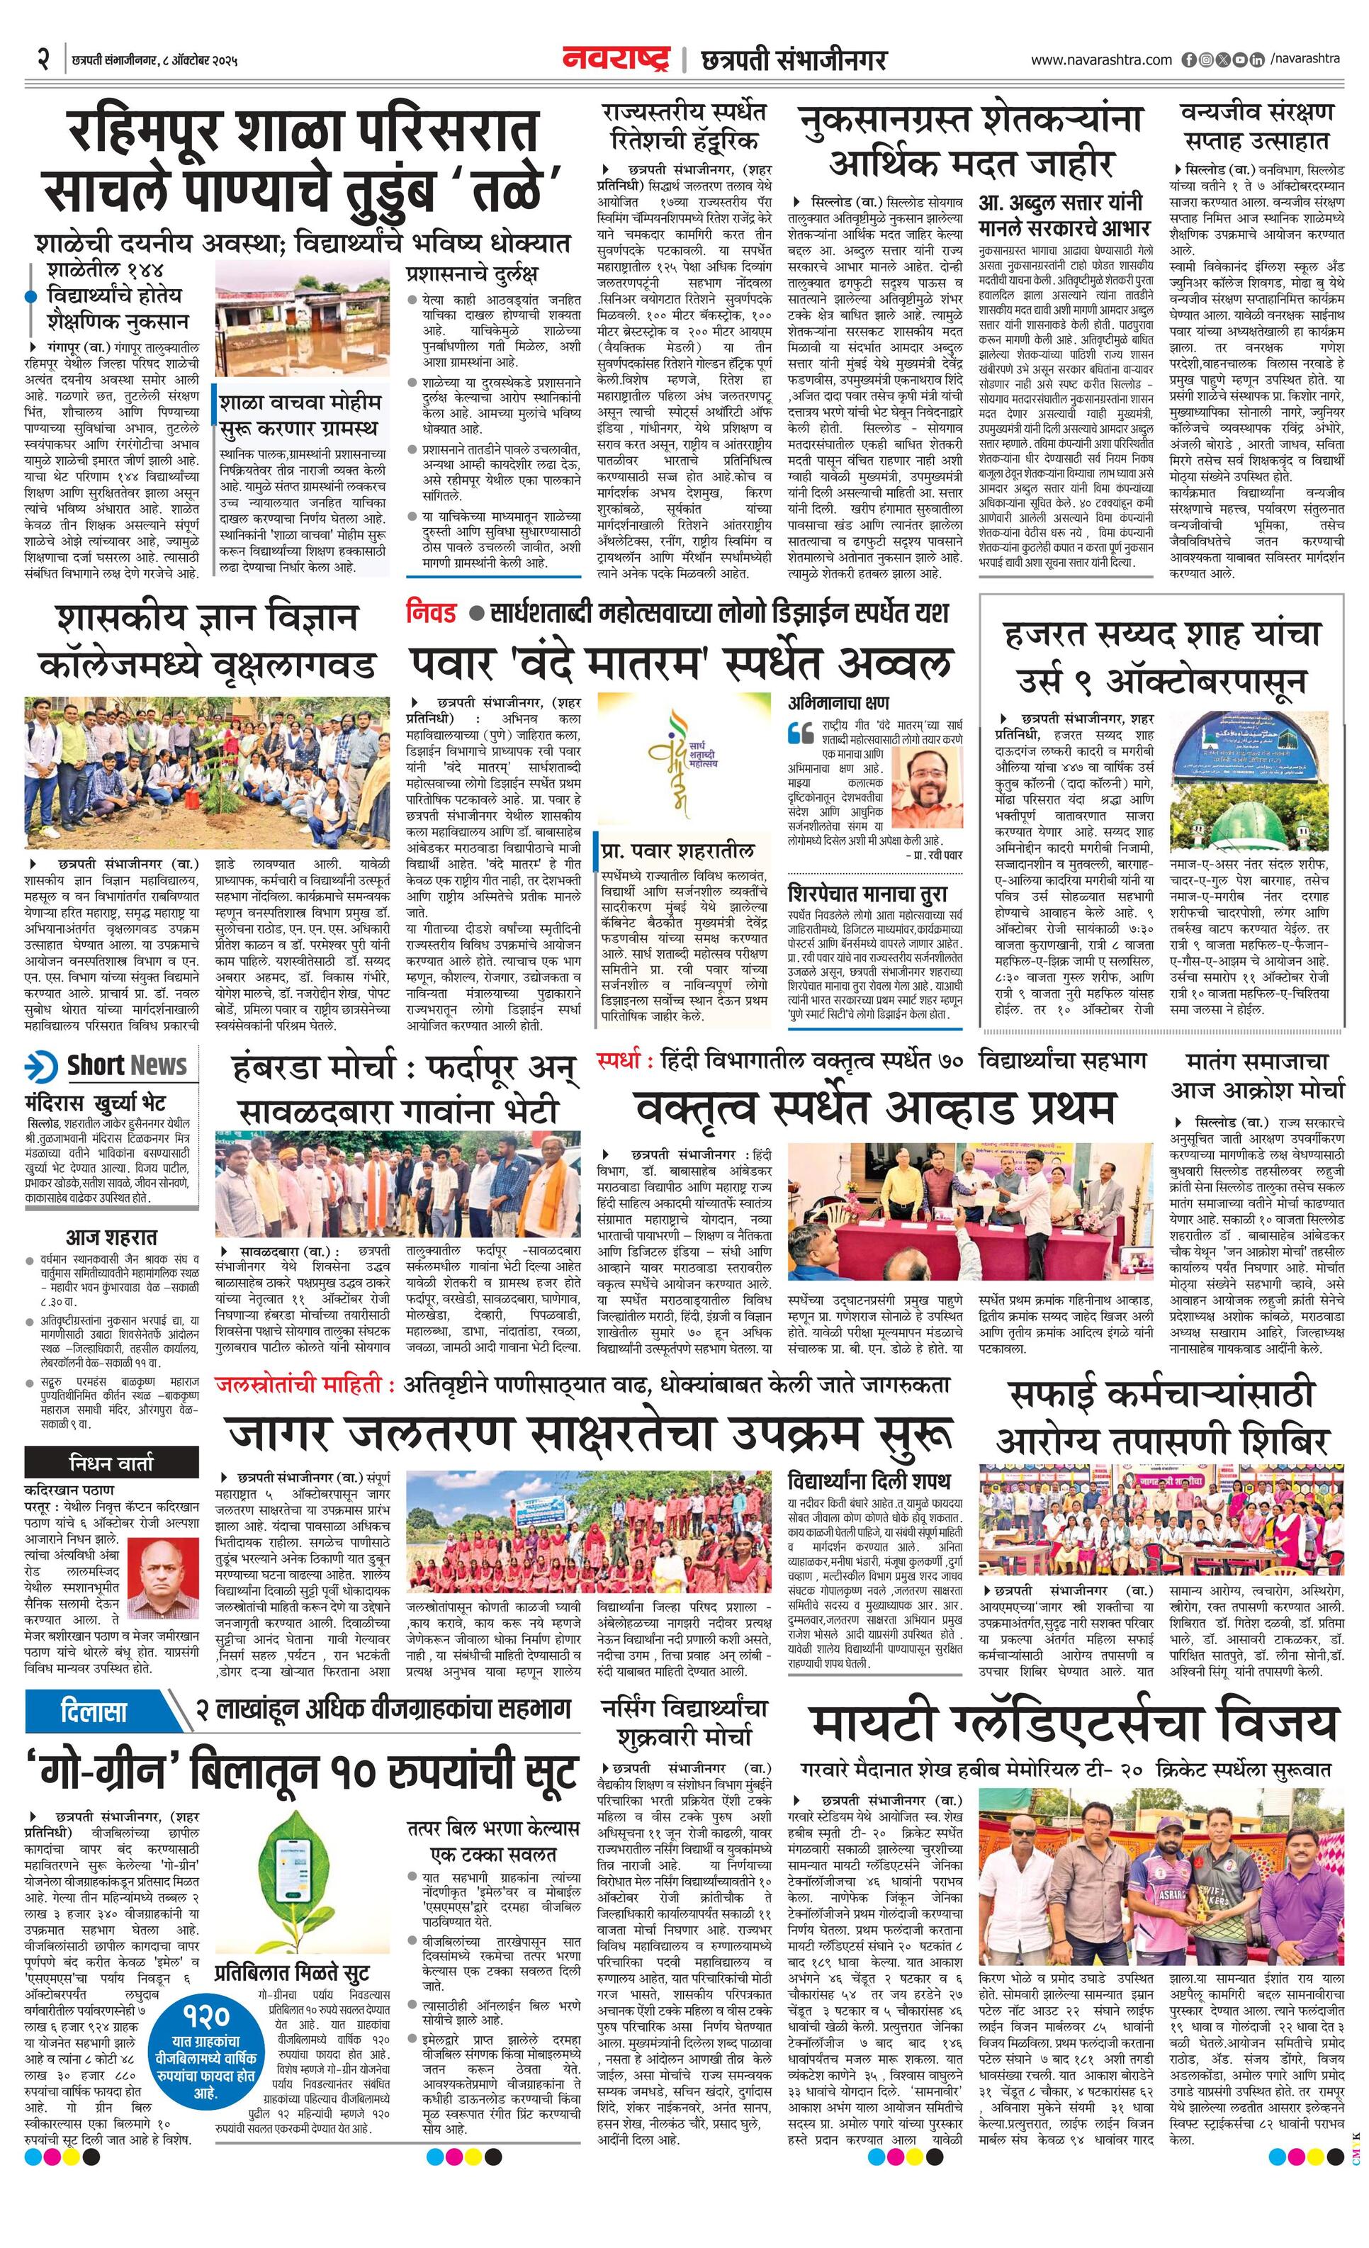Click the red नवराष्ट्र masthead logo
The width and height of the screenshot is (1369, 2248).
pos(616,60)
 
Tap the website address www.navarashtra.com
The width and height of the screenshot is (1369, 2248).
pos(1101,60)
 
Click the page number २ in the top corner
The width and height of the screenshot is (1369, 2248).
pos(41,60)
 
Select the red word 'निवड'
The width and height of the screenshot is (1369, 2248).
pos(432,612)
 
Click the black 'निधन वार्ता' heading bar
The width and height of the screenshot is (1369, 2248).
pos(111,1463)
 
